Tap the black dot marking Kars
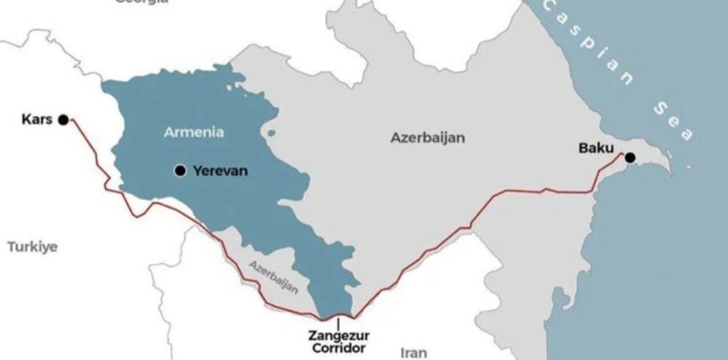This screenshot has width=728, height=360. (x=62, y=119)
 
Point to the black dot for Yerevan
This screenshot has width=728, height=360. (x=181, y=170)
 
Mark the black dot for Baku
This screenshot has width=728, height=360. (x=630, y=158)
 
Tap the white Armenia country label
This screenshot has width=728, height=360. (x=193, y=132)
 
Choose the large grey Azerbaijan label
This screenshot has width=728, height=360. (x=428, y=138)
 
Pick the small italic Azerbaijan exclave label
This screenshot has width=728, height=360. (x=274, y=276)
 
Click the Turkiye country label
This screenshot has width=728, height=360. (x=32, y=247)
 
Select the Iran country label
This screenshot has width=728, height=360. (x=416, y=351)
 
